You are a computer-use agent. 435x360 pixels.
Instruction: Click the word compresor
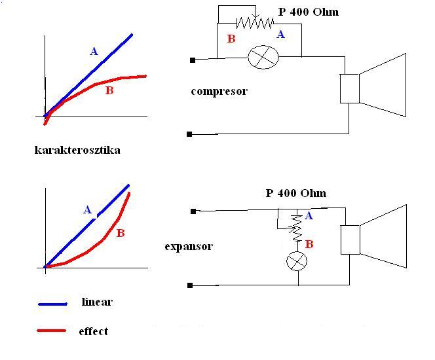[x=219, y=91]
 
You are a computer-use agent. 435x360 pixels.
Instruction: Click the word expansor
[x=189, y=247]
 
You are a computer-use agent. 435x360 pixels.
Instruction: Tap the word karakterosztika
[x=77, y=150]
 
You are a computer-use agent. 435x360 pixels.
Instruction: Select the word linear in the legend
[x=97, y=302]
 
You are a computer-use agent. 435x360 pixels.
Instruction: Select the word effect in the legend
[x=93, y=331]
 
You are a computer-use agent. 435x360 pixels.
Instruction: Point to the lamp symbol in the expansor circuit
[x=298, y=262]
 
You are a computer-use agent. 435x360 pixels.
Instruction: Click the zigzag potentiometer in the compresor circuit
[x=255, y=23]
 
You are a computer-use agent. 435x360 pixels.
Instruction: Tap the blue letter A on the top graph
[x=94, y=51]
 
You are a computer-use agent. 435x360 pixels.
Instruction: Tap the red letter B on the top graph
[x=109, y=91]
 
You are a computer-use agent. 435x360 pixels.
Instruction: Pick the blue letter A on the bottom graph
[x=87, y=210]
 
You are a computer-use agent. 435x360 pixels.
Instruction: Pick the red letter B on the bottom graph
[x=121, y=232]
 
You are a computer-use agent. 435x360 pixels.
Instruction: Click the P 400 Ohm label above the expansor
[x=295, y=193]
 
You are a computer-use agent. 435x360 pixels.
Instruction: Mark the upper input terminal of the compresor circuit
[x=192, y=60]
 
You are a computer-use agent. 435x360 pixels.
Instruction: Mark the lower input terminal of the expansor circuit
[x=190, y=285]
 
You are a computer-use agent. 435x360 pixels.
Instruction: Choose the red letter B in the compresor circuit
[x=231, y=39]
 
